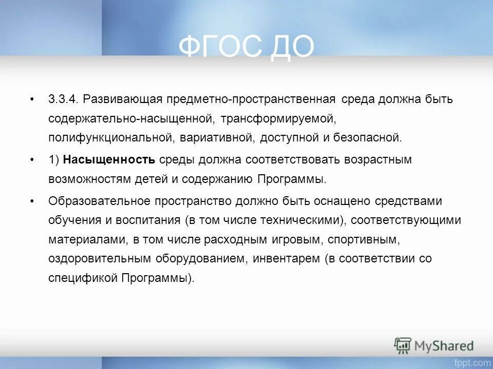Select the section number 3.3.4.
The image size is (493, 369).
[x=63, y=99]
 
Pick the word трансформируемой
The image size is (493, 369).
[x=278, y=118]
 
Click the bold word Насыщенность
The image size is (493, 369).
[x=109, y=160]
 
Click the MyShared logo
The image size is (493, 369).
[x=434, y=345]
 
